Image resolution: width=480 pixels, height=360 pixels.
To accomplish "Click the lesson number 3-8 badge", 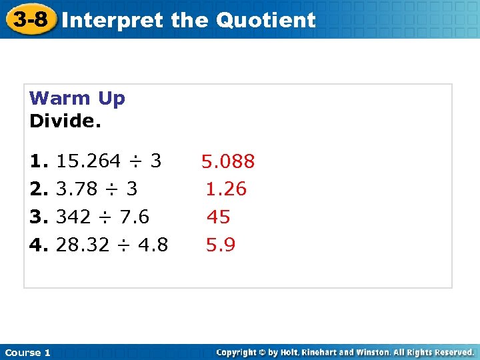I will click(31, 19).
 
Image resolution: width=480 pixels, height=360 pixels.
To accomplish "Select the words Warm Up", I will click(77, 99).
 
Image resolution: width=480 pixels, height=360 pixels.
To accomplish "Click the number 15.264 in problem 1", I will click(89, 161).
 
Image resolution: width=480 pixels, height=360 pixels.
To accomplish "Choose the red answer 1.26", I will click(226, 189).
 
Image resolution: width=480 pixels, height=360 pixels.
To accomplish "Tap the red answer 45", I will click(219, 217).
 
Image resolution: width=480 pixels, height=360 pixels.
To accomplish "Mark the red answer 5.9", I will click(221, 245).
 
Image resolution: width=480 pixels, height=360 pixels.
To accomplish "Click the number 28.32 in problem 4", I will click(81, 245).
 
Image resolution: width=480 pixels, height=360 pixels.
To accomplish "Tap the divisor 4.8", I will click(153, 245).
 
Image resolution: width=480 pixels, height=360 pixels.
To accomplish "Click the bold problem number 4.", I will click(38, 245).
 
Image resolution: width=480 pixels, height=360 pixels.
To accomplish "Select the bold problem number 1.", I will click(38, 161).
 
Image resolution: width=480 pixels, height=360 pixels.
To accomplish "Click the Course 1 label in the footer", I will click(28, 353).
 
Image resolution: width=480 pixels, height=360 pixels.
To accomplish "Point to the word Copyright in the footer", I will click(237, 352).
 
